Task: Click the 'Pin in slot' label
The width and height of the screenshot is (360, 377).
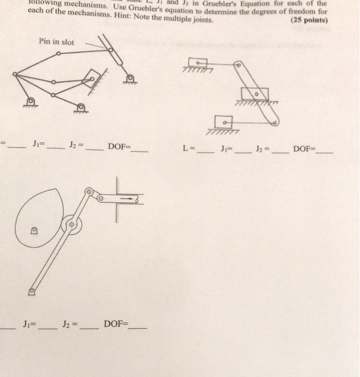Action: (x=57, y=41)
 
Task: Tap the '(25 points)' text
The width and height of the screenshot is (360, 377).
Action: (x=309, y=20)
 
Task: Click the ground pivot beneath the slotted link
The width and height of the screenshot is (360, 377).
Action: (x=129, y=80)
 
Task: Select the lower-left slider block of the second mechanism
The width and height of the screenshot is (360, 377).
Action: (x=224, y=122)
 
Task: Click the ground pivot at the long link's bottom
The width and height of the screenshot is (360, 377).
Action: (x=31, y=291)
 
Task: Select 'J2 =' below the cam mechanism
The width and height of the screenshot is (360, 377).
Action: (x=70, y=324)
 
